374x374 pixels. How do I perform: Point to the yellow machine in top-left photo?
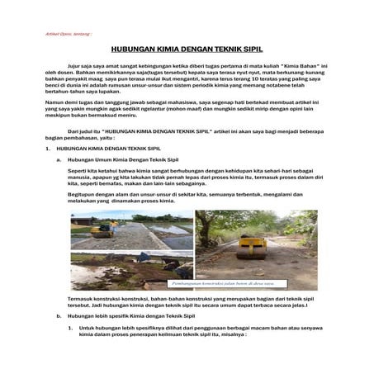tap(103, 232)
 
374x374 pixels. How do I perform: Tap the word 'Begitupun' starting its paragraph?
tap(80, 192)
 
